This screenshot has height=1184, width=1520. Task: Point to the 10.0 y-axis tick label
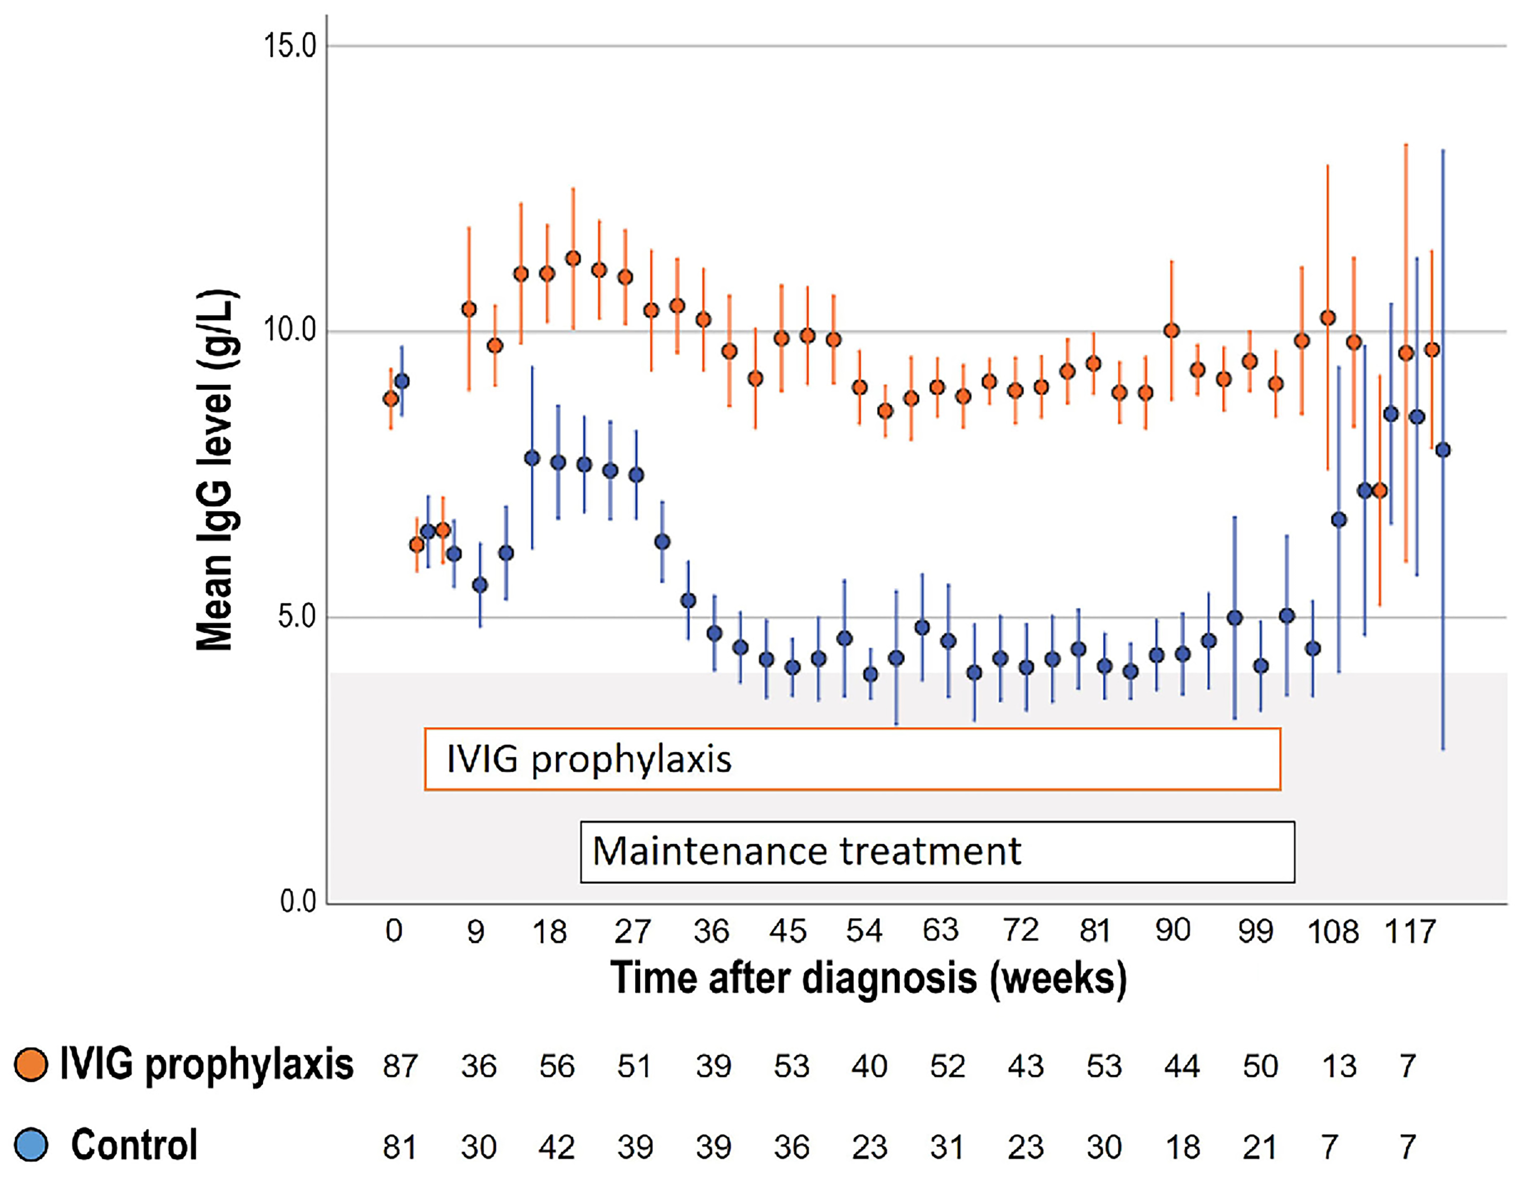point(290,331)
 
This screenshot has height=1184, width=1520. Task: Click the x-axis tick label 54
point(864,930)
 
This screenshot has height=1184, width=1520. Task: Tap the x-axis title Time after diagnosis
point(868,978)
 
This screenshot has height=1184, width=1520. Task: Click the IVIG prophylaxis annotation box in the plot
point(852,759)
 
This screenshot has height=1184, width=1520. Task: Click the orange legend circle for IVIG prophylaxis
point(31,1065)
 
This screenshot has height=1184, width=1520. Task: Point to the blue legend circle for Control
point(31,1145)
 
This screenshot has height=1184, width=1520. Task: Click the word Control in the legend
point(134,1145)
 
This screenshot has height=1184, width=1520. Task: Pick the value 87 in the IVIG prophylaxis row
point(400,1066)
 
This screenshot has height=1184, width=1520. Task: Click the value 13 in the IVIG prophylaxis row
point(1339,1066)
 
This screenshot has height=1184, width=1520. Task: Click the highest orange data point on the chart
point(573,258)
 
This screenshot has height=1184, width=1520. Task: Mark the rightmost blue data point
point(1443,449)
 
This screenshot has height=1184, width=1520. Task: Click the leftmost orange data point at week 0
point(391,398)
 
